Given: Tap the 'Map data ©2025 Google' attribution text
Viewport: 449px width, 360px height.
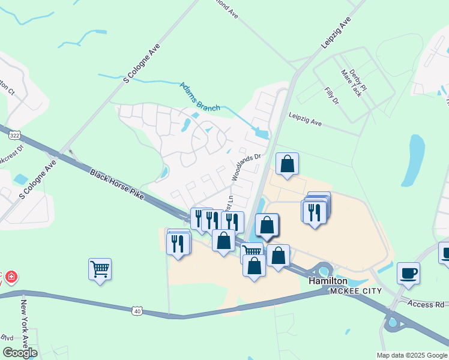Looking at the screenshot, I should coord(411,355).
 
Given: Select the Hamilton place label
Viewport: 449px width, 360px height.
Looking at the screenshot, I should coord(328,281).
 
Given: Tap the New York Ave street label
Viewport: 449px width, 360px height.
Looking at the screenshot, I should coord(26,321).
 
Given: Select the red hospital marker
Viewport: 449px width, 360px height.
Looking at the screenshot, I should coord(11,277).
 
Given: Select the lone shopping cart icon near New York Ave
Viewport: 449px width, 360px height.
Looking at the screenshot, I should coord(100,269).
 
